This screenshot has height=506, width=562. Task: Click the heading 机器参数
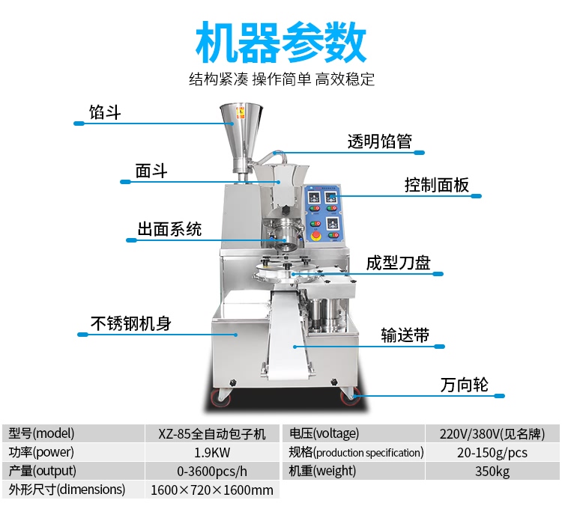281,42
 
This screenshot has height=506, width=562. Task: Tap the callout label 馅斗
105,113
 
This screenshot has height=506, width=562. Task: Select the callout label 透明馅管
379,141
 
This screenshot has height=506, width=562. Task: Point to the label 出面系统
169,229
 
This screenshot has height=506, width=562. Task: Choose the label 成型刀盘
398,263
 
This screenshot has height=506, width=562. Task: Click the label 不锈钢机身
131,323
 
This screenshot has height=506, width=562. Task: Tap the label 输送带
405,335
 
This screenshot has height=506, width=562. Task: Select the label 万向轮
464,385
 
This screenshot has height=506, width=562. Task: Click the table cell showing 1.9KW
211,452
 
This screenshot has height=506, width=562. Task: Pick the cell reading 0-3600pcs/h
211,471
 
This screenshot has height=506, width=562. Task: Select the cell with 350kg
492,471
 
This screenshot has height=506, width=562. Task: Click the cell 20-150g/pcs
492,452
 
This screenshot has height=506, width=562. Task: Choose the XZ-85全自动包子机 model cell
211,433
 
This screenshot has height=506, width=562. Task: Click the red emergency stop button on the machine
315,236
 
